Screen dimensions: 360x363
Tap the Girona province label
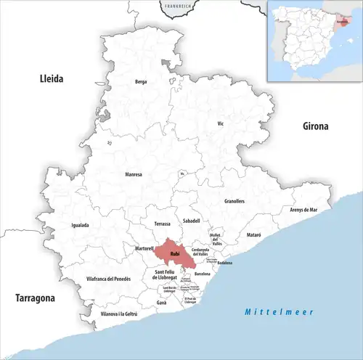point(316,126)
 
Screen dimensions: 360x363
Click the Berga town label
point(141,82)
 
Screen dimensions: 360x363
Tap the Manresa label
point(134,174)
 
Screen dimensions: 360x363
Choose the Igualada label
point(80,225)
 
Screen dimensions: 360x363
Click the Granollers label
point(234,200)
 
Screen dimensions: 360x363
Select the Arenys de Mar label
point(303,209)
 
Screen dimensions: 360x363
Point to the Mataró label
point(253,236)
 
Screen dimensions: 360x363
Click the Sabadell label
point(192,220)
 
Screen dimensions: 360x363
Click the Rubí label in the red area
point(175,254)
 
